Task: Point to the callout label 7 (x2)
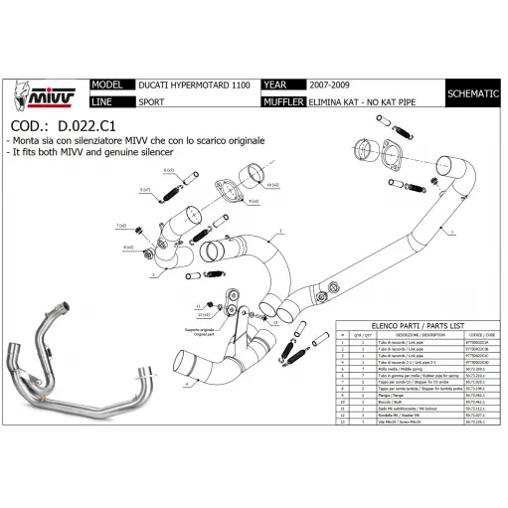pyautogui.click(x=120, y=227)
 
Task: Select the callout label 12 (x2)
pyautogui.click(x=202, y=314)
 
